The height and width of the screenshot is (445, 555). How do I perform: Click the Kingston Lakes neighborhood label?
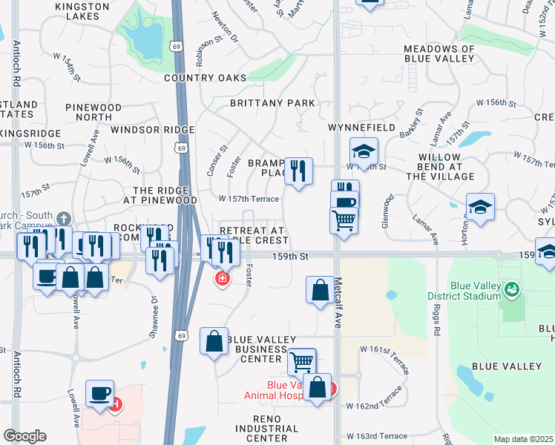click(x=82, y=11)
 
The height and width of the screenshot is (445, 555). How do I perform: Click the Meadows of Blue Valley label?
click(x=439, y=55)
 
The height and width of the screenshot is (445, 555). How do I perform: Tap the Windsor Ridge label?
click(x=153, y=130)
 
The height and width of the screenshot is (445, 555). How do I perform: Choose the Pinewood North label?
click(x=93, y=113)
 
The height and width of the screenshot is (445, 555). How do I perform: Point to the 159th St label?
click(x=289, y=257)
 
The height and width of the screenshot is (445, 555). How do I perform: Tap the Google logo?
click(x=24, y=436)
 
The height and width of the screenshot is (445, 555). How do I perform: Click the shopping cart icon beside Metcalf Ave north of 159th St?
click(x=344, y=219)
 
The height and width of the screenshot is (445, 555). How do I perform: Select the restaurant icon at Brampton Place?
click(x=298, y=171)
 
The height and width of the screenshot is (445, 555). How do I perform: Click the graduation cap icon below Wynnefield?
click(x=364, y=151)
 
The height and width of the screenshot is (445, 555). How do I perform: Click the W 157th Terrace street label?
click(x=249, y=199)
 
